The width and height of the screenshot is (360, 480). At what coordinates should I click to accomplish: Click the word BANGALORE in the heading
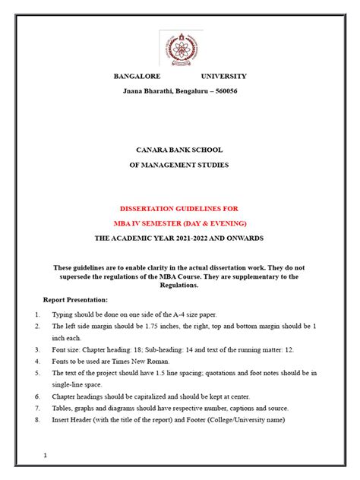tap(138, 77)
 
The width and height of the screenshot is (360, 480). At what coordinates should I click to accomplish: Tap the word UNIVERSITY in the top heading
tap(223, 77)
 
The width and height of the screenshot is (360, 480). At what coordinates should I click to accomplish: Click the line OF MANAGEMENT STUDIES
tap(179, 164)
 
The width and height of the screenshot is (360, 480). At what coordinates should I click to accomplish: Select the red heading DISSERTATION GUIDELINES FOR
tap(179, 208)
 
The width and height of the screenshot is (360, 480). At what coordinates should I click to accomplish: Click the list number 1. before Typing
tap(38, 314)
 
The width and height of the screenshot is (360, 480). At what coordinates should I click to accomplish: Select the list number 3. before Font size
tap(38, 349)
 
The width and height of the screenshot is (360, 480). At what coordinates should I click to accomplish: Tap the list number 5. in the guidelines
tap(38, 373)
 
